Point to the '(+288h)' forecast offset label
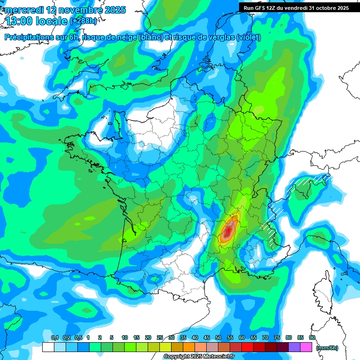click(84, 21)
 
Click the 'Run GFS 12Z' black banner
click(296, 7)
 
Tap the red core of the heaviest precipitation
click(228, 230)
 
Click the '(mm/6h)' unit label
click(327, 347)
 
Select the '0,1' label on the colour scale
click(54, 337)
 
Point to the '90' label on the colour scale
click(312, 337)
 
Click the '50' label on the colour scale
click(218, 337)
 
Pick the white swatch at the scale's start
click(48, 347)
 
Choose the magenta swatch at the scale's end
click(306, 347)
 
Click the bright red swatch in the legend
click(247, 347)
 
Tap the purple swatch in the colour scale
click(294, 347)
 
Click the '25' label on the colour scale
click(160, 337)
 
